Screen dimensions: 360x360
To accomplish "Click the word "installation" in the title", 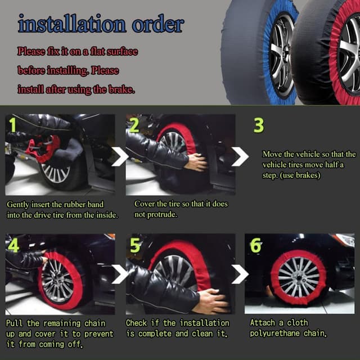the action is pyautogui.click(x=72, y=24).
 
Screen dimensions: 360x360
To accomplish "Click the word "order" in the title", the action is pyautogui.click(x=158, y=24).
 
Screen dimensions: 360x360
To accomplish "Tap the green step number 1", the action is pyautogui.click(x=12, y=125).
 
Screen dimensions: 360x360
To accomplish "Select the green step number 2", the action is pyautogui.click(x=134, y=125).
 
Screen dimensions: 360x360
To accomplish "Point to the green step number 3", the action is pyautogui.click(x=259, y=125).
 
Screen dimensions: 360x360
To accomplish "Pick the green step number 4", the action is pyautogui.click(x=13, y=245).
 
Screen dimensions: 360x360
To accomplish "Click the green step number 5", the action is pyautogui.click(x=135, y=245).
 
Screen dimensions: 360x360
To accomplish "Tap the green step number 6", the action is pyautogui.click(x=255, y=245).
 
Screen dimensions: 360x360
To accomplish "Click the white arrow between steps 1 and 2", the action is pyautogui.click(x=120, y=156).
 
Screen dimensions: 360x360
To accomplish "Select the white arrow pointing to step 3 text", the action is pyautogui.click(x=240, y=156).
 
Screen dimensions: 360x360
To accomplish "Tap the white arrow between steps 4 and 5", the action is pyautogui.click(x=120, y=274).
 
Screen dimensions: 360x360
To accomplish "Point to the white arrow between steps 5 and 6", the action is pyautogui.click(x=240, y=274).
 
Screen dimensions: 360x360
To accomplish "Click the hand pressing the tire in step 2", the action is pyautogui.click(x=196, y=162).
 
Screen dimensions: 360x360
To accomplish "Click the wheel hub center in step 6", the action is pyautogui.click(x=299, y=277).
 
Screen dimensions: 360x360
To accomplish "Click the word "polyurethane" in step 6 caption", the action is pyautogui.click(x=274, y=334).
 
